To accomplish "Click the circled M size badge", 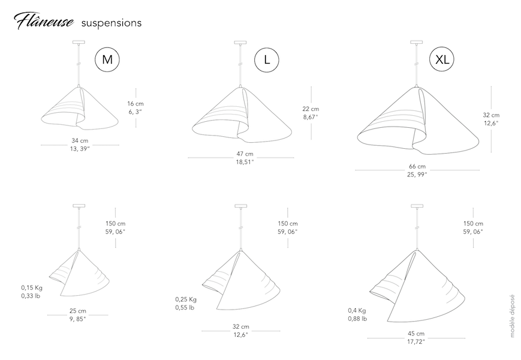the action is (107, 59).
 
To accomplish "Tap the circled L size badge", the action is (266, 60).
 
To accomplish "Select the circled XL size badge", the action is (442, 59).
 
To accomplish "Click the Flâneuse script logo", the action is (44, 22).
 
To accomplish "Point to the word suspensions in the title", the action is (112, 23).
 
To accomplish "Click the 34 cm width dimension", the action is (80, 140).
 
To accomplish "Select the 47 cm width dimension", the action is (245, 154).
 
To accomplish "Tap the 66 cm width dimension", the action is (417, 167).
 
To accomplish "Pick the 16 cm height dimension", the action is (135, 104).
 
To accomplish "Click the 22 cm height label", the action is (311, 109).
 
